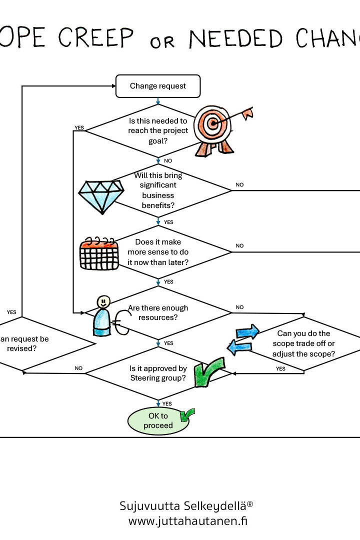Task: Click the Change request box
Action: pos(158,86)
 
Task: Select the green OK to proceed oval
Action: pos(158,421)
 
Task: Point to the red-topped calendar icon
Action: pos(99,253)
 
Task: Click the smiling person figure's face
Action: pos(103,301)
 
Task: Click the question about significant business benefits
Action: pos(158,190)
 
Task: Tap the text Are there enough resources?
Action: pos(158,312)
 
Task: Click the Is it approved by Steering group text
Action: pos(158,373)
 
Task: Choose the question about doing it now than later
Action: pos(158,252)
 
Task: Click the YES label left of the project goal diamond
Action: pos(79,127)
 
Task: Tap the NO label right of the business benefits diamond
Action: pos(239,184)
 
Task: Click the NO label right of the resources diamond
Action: pos(239,307)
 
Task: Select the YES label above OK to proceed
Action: pos(167,403)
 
